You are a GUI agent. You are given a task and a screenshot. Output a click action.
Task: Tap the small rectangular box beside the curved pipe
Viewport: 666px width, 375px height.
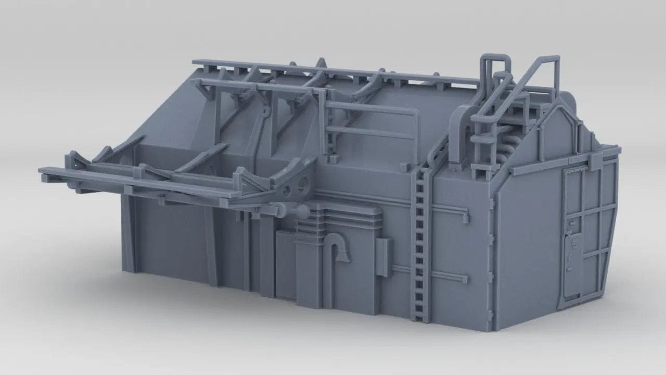[x=383, y=257]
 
